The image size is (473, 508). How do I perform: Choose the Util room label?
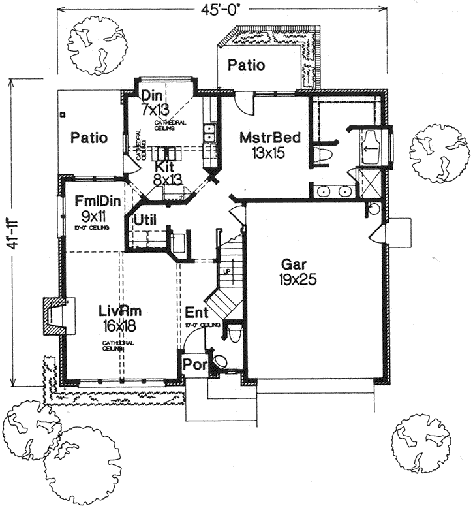click(x=145, y=220)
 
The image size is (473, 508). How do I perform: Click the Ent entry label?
click(x=195, y=312)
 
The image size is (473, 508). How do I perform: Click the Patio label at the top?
click(x=247, y=65)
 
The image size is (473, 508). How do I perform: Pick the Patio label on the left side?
click(x=89, y=138)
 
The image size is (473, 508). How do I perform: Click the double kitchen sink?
click(x=211, y=134)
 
